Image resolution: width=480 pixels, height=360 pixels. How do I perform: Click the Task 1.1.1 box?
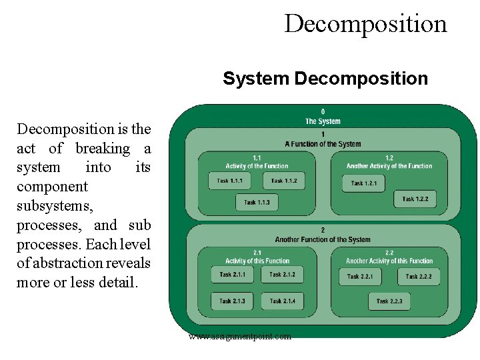tap(231, 181)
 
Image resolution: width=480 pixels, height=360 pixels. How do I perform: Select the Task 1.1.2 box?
tap(283, 181)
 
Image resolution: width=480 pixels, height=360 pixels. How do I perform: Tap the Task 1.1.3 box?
tap(257, 202)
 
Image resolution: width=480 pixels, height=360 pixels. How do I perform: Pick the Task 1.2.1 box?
tap(364, 183)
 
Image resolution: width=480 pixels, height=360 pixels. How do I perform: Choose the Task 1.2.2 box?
tap(415, 199)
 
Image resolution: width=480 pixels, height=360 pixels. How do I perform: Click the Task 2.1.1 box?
tap(233, 275)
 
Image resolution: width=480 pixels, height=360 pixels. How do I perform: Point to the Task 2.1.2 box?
tap(282, 275)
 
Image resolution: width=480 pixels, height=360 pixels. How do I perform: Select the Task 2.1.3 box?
tap(233, 301)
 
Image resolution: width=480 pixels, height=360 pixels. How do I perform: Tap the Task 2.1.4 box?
tap(282, 301)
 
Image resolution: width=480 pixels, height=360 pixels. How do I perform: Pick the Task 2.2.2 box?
tap(419, 277)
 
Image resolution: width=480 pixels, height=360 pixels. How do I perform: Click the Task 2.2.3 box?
tap(389, 301)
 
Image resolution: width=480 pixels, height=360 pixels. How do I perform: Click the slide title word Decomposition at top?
tap(365, 23)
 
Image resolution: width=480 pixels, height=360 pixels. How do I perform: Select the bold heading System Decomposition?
tap(325, 79)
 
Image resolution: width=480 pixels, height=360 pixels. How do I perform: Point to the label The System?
tap(323, 121)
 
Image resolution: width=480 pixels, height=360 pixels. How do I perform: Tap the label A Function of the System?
tap(323, 144)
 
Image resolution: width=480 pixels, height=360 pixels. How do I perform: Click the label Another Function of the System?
tap(323, 239)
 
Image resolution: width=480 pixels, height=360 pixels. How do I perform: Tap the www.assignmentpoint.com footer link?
tap(240, 337)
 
